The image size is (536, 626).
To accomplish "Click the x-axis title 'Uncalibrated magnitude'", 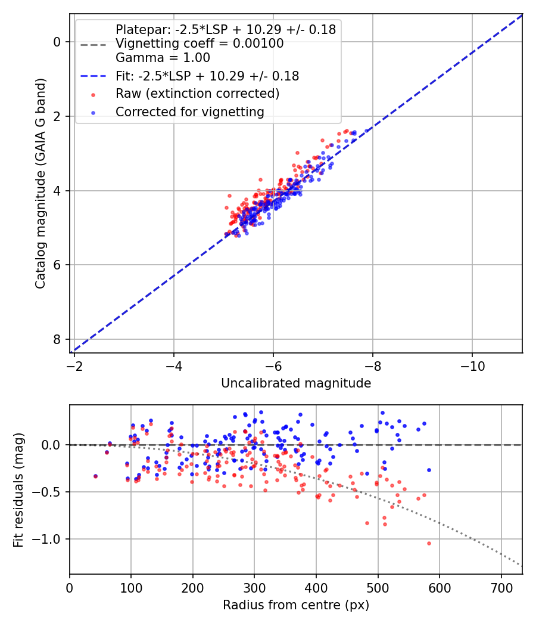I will [x=296, y=383].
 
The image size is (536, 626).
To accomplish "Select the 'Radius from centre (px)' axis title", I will [x=296, y=605].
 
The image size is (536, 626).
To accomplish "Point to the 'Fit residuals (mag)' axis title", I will [x=18, y=489].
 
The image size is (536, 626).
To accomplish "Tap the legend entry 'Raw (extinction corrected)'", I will [x=197, y=94].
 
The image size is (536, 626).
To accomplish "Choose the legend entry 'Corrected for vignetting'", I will [x=189, y=111].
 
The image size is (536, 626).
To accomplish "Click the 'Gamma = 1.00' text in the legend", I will [x=163, y=58].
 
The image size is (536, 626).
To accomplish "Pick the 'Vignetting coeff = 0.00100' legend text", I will [x=200, y=44].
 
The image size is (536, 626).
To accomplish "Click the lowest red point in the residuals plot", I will [x=429, y=543].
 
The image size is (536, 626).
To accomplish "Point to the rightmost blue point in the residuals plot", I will [x=429, y=470].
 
